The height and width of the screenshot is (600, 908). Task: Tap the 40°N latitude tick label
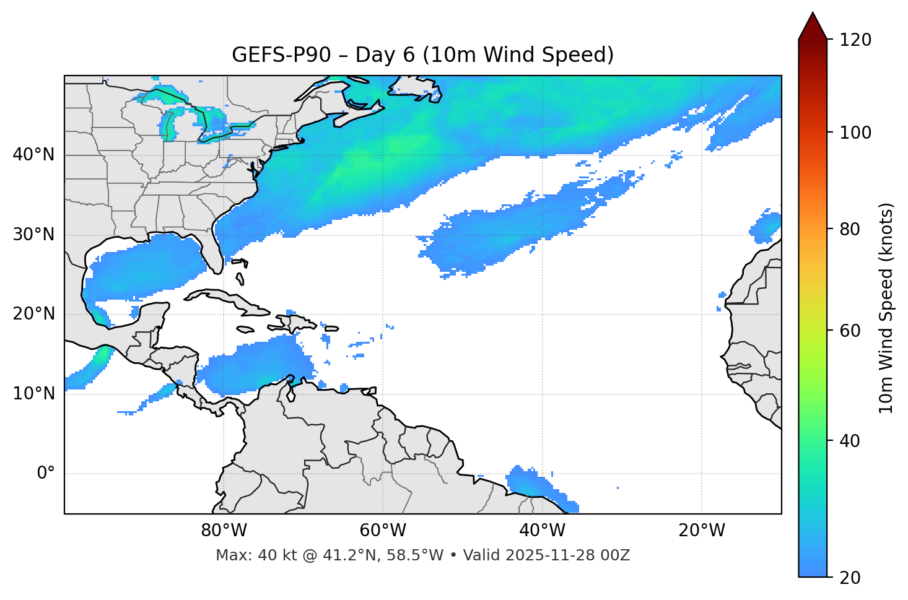[33, 155]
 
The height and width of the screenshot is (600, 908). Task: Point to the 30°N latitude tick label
[33, 235]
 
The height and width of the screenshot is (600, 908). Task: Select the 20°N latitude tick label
[33, 314]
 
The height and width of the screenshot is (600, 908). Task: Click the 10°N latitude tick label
[33, 394]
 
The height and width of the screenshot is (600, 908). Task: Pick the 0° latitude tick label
[45, 474]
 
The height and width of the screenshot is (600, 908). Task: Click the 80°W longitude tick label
[224, 531]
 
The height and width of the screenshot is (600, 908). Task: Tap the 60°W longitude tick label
[383, 531]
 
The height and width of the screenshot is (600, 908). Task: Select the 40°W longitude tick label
[542, 531]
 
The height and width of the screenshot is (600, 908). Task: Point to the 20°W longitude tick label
[701, 531]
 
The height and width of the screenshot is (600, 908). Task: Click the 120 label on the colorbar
[855, 40]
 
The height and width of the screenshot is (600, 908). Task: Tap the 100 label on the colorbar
[855, 133]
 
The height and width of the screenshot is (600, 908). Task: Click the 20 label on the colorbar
[850, 578]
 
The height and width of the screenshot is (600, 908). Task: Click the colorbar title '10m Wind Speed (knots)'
[886, 308]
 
